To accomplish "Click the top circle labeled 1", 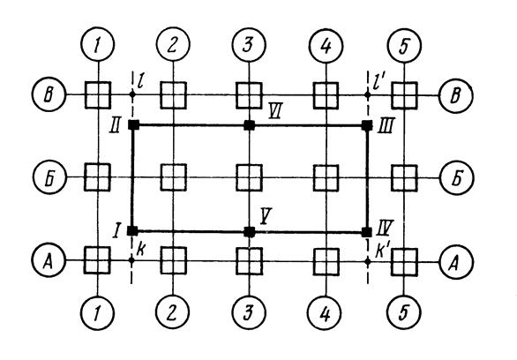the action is pos(97,44).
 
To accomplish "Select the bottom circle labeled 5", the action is pos(405,312).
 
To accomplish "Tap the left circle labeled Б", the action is pos(49,177).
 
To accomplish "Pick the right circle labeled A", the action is pos(456,262).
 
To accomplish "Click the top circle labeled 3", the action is pos(249,44).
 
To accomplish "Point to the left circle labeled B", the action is pos(49,94).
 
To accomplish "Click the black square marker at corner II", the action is pos(133,125).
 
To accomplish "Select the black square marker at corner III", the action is pos(367,125).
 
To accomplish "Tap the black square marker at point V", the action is pos(250,232).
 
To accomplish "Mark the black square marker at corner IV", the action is pos(367,232).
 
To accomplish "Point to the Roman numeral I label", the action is pos(116,230).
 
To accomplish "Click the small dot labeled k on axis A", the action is pos(131,260).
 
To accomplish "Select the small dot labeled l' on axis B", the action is pos(368,95).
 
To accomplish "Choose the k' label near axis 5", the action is pos(383,252).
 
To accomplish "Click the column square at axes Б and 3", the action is pos(250,177).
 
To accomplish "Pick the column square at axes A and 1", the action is pos(97,260).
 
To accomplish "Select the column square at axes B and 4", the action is pos(326,95).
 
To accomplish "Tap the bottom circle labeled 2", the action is pos(173,311).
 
